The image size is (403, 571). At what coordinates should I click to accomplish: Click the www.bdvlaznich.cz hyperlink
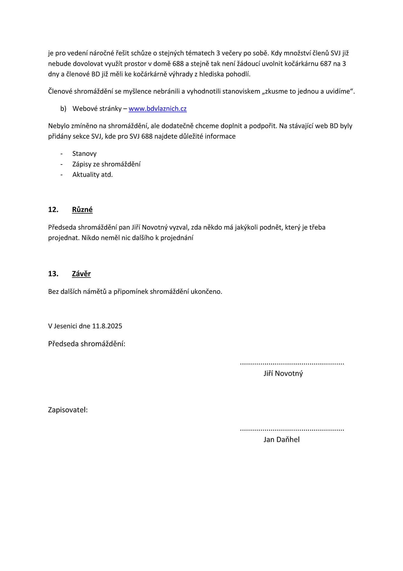click(x=158, y=109)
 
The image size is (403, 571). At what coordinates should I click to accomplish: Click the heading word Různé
click(x=82, y=210)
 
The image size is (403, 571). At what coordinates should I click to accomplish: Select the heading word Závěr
click(x=81, y=274)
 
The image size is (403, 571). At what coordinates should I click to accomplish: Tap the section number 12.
click(x=53, y=210)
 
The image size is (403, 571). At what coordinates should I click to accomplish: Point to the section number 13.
click(x=53, y=274)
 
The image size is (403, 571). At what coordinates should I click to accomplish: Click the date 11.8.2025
click(x=107, y=326)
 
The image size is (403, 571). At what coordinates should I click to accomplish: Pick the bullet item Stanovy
click(x=84, y=154)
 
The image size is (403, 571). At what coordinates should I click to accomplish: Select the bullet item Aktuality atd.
click(x=92, y=175)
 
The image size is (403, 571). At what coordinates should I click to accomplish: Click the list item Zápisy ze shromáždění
click(x=106, y=164)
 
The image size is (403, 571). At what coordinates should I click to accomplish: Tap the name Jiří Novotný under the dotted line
click(x=283, y=374)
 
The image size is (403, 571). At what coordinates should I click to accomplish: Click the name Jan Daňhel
click(x=281, y=440)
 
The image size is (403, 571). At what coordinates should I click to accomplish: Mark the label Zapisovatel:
click(x=68, y=410)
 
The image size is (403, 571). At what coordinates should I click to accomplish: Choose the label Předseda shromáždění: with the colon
click(x=87, y=344)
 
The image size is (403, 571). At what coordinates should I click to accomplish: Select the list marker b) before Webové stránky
click(x=63, y=109)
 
